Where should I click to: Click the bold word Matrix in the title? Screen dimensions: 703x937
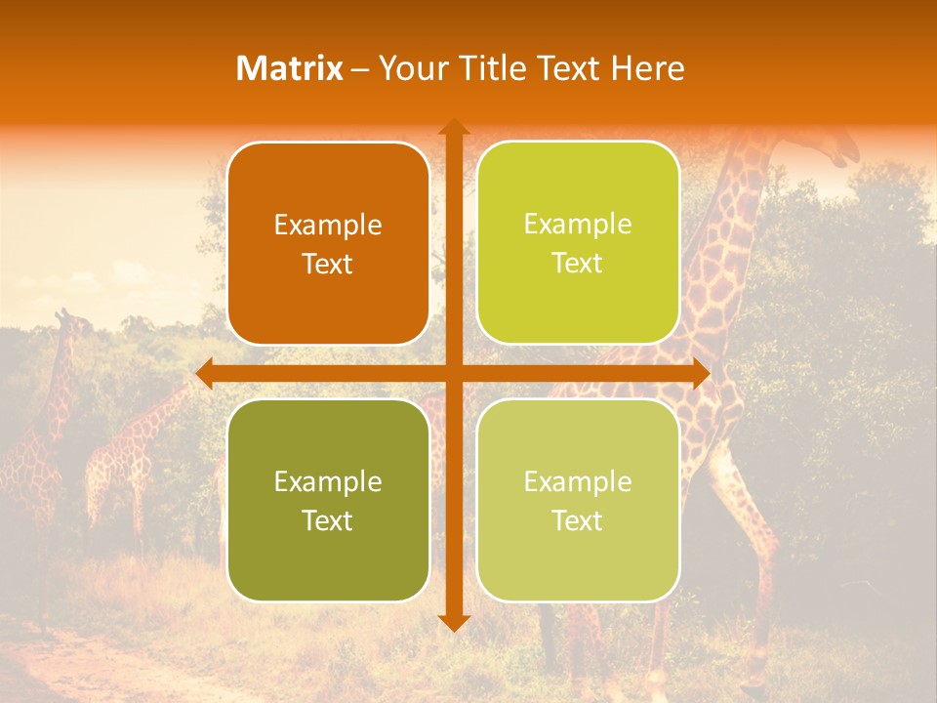(x=290, y=68)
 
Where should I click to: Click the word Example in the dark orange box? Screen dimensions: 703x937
(x=328, y=226)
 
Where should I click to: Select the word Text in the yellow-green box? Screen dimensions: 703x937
(x=578, y=264)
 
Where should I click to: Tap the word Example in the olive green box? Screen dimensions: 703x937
(x=328, y=482)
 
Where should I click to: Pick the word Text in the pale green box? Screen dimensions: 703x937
(x=578, y=520)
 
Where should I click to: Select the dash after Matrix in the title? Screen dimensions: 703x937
(x=360, y=69)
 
